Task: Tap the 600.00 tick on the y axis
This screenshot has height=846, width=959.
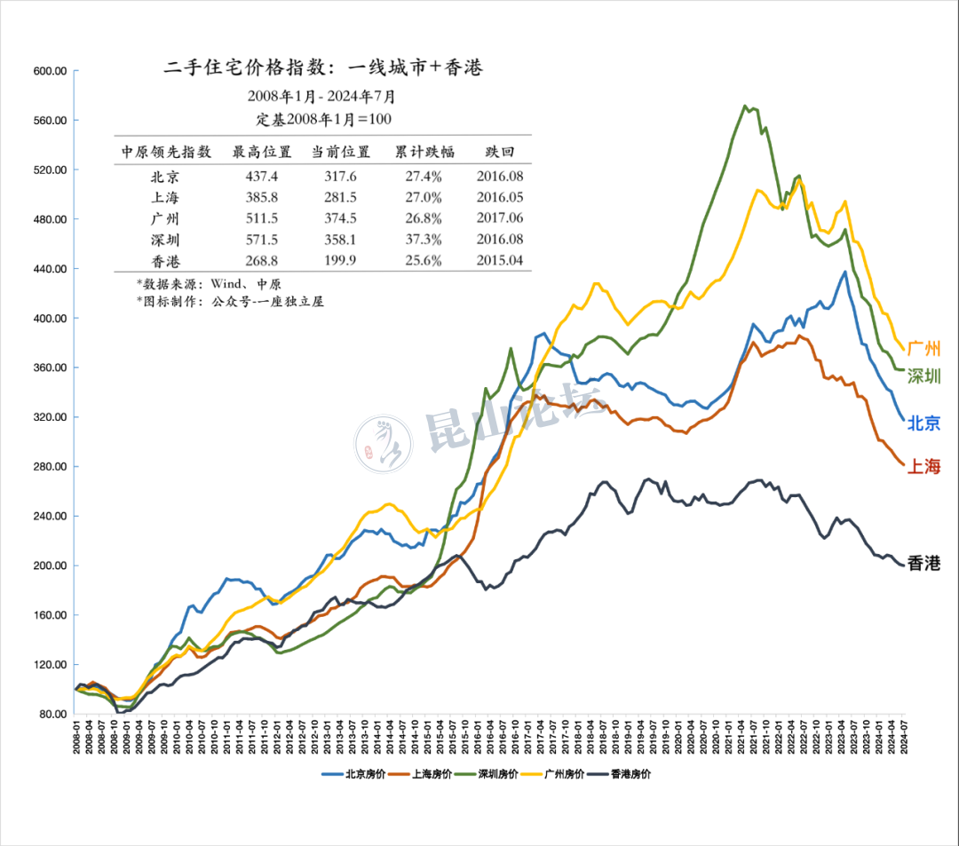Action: coord(50,71)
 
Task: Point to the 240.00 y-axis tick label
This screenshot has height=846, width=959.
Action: coord(50,516)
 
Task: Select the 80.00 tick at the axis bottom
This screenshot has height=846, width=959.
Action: coord(52,714)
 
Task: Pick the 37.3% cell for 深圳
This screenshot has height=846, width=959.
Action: coord(424,240)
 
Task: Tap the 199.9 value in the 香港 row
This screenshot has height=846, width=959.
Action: coord(340,260)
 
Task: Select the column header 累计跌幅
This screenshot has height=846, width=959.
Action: coord(424,152)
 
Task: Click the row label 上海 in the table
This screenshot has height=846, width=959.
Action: coord(167,198)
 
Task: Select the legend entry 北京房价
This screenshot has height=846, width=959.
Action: coord(349,774)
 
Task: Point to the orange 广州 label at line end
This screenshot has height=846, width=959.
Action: coord(924,349)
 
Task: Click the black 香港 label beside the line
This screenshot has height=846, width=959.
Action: coord(923,563)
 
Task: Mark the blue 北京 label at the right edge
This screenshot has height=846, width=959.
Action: coord(924,423)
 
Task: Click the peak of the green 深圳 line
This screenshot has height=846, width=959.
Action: coord(744,106)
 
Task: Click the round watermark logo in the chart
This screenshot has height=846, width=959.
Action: coord(384,442)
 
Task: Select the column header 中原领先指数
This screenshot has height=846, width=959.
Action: coord(167,152)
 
